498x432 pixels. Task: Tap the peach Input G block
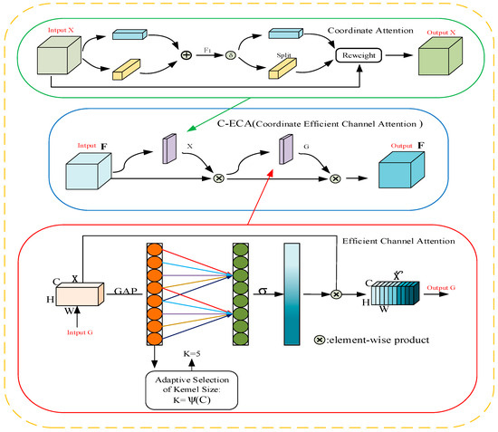click(x=79, y=295)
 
